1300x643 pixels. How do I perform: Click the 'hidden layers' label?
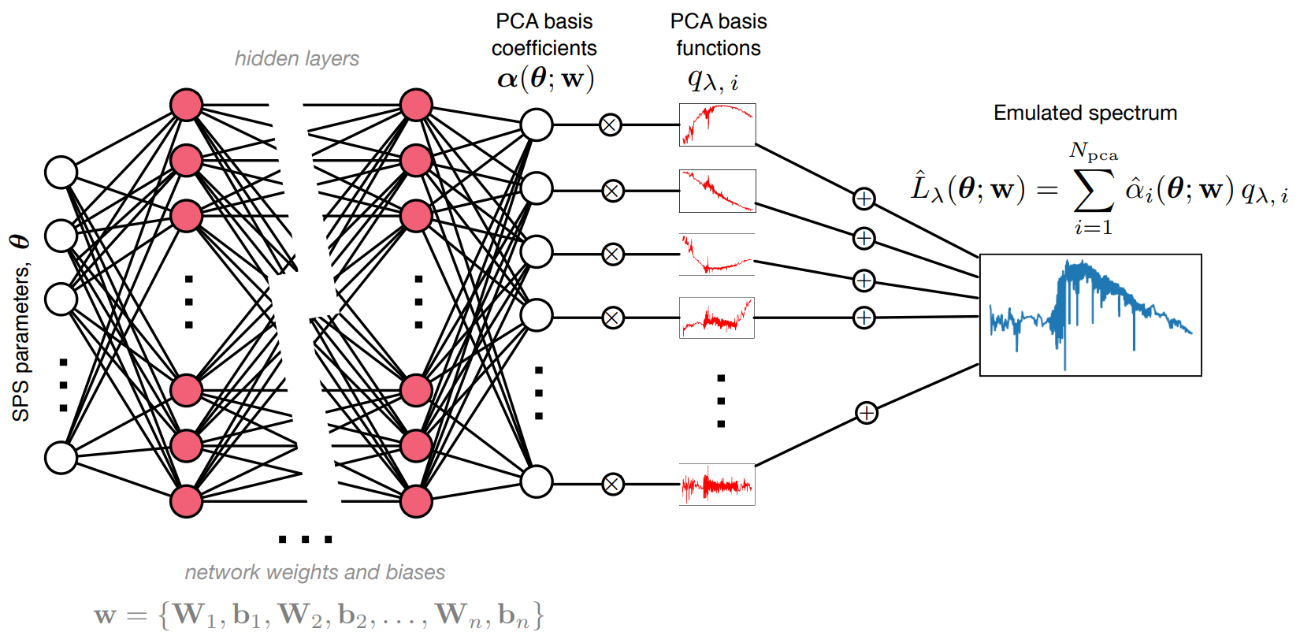[x=296, y=58]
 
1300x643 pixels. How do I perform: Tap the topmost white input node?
[x=61, y=172]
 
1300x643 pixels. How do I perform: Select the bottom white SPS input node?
[x=61, y=457]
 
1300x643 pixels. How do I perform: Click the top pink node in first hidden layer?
[x=186, y=105]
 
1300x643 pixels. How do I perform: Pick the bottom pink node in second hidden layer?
[x=416, y=501]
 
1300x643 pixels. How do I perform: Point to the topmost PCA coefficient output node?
[x=537, y=125]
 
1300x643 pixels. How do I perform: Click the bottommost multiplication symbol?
[x=612, y=484]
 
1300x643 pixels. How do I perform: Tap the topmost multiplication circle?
[x=610, y=125]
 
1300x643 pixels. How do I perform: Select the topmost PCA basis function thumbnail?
[x=717, y=125]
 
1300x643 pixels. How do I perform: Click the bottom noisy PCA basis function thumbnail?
[x=717, y=485]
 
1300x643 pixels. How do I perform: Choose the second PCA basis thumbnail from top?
[x=717, y=191]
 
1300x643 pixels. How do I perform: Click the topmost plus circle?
[x=864, y=199]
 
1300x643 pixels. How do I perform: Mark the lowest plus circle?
[x=866, y=413]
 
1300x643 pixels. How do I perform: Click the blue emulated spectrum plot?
[x=1090, y=315]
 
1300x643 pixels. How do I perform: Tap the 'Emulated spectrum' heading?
[x=1085, y=113]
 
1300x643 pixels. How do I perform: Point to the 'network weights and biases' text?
[x=314, y=572]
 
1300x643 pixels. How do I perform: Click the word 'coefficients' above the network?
[x=544, y=48]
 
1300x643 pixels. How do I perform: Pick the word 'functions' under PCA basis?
[x=718, y=48]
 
